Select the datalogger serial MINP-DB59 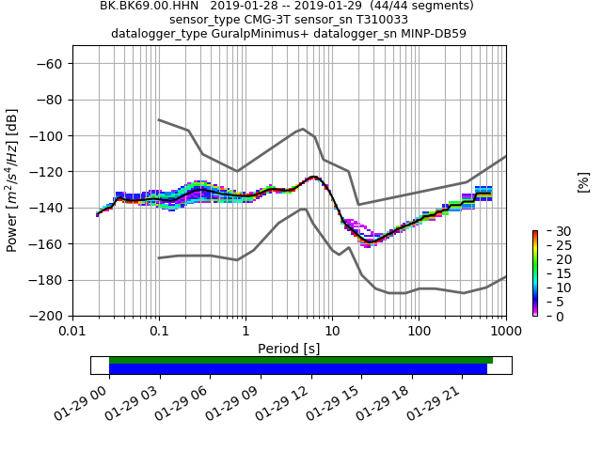click(x=432, y=34)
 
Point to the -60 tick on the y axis click(x=51, y=64)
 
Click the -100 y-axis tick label click(x=48, y=136)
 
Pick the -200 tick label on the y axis click(x=48, y=317)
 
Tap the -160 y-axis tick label click(x=48, y=244)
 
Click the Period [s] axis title click(x=289, y=349)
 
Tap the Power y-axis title click(x=13, y=180)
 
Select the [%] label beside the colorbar click(x=583, y=181)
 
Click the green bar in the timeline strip click(x=301, y=360)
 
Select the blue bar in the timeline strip click(x=298, y=369)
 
